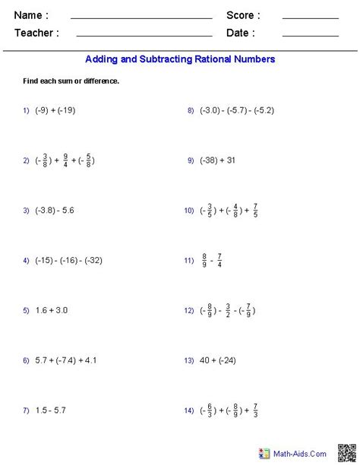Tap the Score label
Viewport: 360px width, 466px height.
[243, 15]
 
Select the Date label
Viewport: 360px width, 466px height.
[240, 33]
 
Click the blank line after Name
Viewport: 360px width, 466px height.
[141, 17]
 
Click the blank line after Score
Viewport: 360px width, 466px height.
[310, 17]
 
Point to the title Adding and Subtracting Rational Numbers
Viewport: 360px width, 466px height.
[180, 59]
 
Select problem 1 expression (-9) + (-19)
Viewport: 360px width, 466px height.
[54, 110]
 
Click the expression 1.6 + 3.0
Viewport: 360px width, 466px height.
[51, 310]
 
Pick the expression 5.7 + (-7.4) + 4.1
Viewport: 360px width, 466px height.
[65, 360]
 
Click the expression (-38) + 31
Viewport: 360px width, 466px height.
[217, 160]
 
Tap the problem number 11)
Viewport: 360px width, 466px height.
[189, 261]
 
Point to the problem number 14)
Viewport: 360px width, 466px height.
[189, 411]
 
